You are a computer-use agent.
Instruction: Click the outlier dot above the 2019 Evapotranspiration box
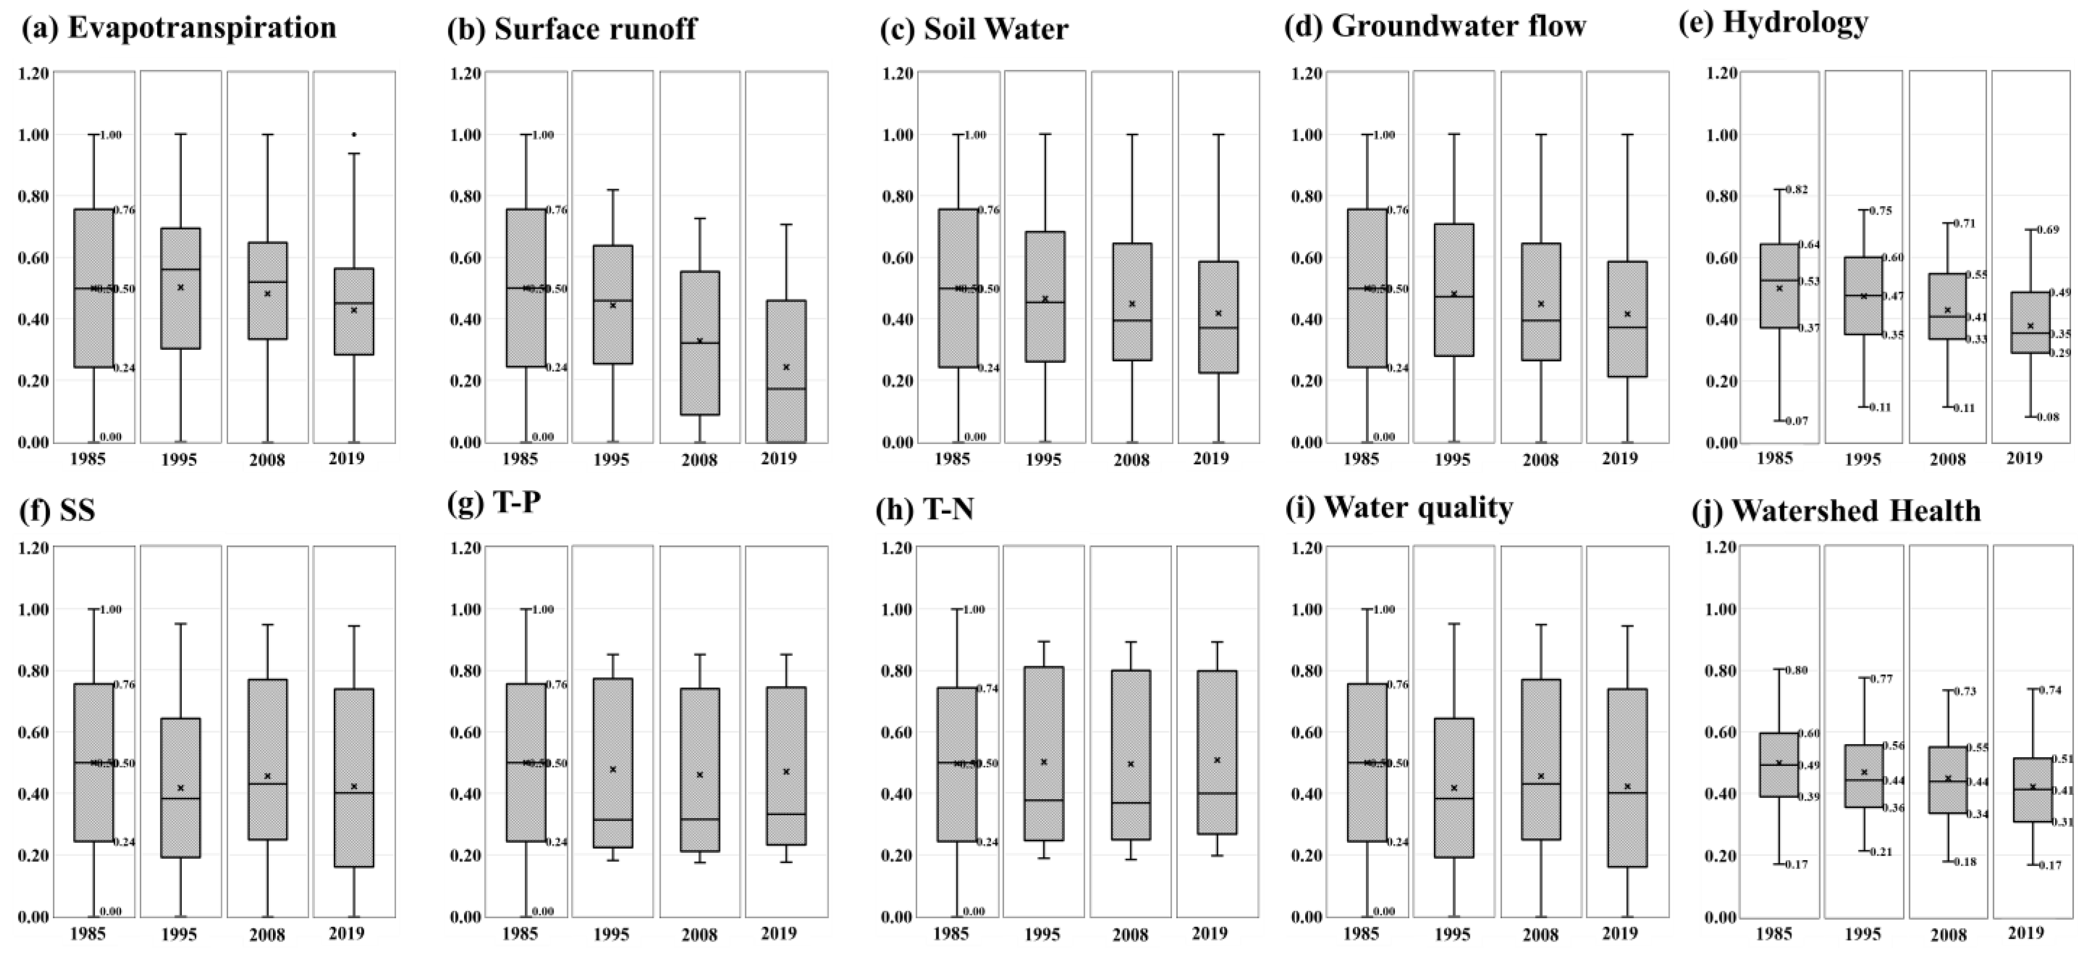pyautogui.click(x=354, y=135)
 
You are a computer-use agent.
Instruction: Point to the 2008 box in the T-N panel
pyautogui.click(x=1131, y=753)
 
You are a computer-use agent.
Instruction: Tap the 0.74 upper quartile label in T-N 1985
pyautogui.click(x=989, y=689)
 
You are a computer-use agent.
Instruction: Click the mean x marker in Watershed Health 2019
pyautogui.click(x=2032, y=786)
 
